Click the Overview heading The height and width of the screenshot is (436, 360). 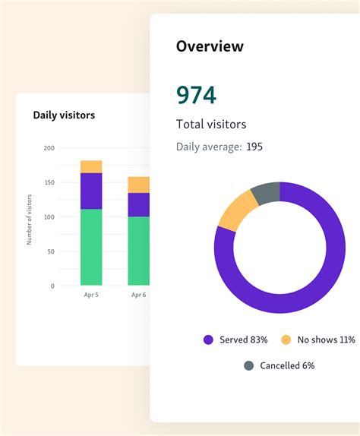210,46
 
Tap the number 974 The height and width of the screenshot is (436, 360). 196,95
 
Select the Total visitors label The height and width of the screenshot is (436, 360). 211,124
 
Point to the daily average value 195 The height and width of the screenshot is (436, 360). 254,147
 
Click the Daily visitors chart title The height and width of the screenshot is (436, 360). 64,115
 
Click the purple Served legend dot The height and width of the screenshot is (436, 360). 208,340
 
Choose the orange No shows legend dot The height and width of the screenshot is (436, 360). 286,340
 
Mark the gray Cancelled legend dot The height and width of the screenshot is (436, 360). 248,365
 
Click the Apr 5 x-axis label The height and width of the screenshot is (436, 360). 91,295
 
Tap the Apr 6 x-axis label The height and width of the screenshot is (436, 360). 138,295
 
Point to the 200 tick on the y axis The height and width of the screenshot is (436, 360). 49,148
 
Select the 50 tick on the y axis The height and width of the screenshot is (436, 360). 50,251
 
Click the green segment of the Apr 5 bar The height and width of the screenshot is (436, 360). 91,247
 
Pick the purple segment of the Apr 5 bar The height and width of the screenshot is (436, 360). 91,191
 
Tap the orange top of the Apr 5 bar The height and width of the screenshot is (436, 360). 91,166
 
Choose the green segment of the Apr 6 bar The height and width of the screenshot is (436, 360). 138,251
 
